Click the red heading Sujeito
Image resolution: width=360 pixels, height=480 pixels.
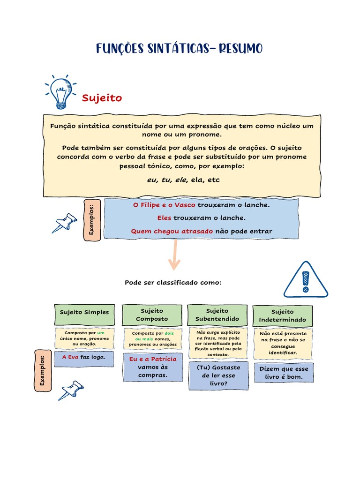point(102,98)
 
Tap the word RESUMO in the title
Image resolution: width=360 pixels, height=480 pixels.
point(240,48)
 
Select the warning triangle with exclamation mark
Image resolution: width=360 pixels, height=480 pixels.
point(306,280)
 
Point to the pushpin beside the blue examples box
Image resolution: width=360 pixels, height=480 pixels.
point(65,223)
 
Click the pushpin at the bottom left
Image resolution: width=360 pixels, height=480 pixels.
point(71,390)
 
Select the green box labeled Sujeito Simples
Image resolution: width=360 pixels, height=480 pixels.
point(84,312)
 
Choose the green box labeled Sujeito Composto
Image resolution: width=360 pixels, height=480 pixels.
point(152,315)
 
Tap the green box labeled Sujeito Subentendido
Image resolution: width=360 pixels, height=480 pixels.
point(217,315)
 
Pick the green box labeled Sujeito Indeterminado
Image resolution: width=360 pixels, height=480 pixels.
point(283,315)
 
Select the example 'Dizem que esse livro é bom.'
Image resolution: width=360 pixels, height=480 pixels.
point(284,373)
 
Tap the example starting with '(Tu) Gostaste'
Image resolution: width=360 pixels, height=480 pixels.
point(218,375)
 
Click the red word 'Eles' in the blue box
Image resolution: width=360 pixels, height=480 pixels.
point(165,218)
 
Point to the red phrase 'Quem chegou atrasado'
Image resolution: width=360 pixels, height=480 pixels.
point(172,231)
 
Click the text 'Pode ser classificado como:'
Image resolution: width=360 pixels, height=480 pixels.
point(173,283)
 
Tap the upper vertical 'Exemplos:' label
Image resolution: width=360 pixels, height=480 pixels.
point(92,220)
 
